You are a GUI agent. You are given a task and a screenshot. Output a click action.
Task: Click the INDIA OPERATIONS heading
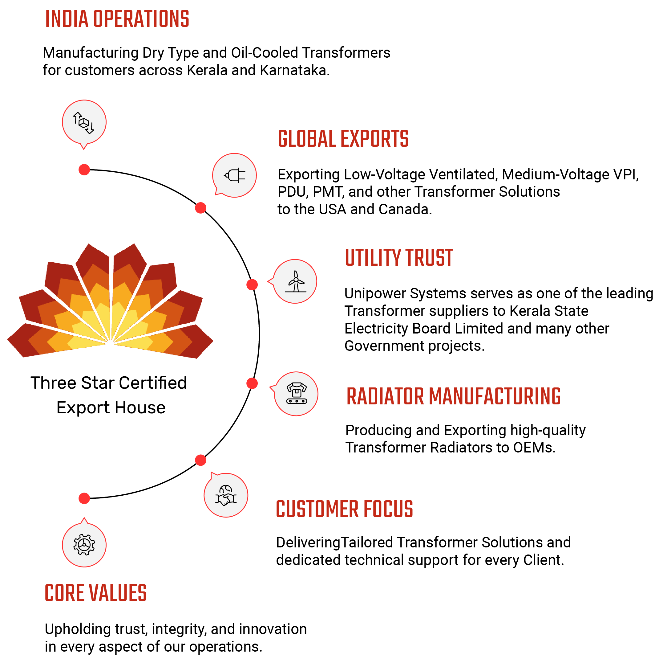[x=117, y=19]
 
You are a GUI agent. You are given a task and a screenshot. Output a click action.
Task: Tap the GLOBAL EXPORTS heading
[x=343, y=139]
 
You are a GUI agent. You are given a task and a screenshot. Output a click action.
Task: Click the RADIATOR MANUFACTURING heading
[x=453, y=396]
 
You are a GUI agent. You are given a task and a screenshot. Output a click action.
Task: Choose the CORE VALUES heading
[x=96, y=593]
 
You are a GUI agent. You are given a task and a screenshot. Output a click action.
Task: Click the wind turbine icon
[x=295, y=281]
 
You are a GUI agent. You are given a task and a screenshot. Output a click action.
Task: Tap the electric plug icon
[x=235, y=176]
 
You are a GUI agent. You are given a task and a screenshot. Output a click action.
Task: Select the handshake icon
[x=226, y=495]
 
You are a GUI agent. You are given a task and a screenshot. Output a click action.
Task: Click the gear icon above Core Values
[x=84, y=545]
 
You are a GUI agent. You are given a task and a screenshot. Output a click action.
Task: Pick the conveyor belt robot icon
[x=297, y=394]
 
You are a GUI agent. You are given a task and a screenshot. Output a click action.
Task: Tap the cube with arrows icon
[x=84, y=122]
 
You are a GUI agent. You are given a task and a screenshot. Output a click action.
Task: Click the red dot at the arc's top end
[x=84, y=170]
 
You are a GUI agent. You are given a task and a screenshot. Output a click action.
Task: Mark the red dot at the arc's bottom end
[x=84, y=498]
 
